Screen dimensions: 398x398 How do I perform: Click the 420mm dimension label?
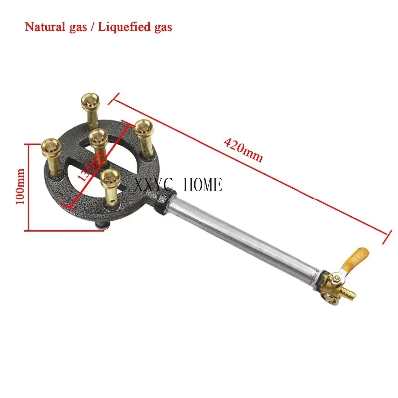[x=243, y=150]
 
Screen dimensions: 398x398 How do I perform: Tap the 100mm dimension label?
[x=20, y=187]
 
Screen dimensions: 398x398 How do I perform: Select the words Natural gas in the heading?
[x=55, y=27]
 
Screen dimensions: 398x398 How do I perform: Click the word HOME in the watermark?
[x=203, y=185]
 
